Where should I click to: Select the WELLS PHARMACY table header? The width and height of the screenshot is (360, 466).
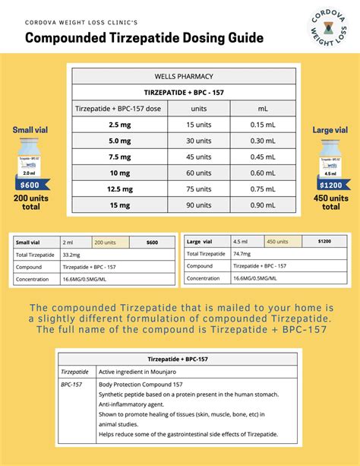tap(183, 76)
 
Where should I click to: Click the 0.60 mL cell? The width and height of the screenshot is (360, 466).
tap(263, 173)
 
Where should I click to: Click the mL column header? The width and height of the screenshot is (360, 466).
tap(263, 108)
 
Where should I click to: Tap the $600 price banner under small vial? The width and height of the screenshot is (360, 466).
tap(30, 185)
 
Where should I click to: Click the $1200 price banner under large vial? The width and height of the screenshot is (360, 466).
tap(330, 185)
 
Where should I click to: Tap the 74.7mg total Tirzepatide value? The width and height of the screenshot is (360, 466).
tap(243, 253)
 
